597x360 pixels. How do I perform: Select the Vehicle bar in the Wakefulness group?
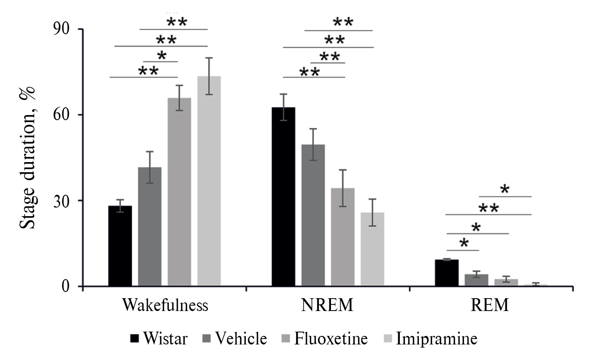click(150, 227)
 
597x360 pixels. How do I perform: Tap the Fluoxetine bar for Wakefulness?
click(179, 192)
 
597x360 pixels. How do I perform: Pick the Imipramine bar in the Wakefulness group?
click(209, 181)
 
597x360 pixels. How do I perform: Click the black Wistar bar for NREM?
click(283, 197)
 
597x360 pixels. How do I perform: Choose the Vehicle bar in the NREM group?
click(313, 215)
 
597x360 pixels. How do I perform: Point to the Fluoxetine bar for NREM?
click(343, 237)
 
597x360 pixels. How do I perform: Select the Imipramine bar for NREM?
click(372, 249)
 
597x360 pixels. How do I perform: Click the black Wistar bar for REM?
click(446, 273)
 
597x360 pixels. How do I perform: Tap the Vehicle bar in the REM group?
click(476, 280)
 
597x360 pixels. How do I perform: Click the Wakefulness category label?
click(165, 305)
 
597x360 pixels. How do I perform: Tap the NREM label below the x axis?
click(327, 305)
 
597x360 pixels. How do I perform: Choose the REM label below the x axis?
click(490, 305)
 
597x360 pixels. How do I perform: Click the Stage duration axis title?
click(27, 157)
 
